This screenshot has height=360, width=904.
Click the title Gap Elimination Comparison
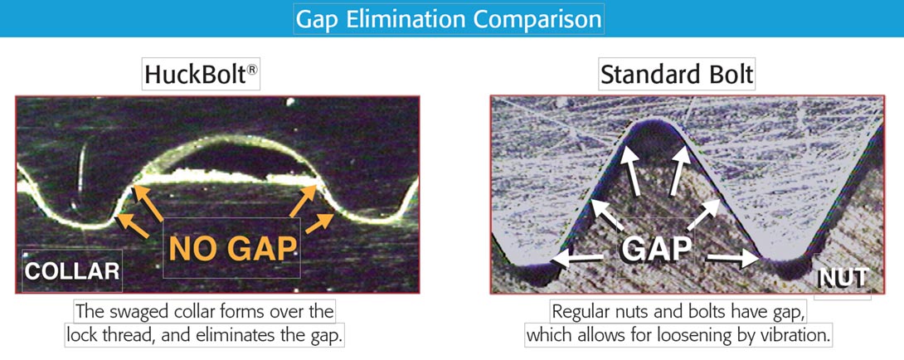(x=449, y=19)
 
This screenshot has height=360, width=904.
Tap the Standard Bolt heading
(x=677, y=75)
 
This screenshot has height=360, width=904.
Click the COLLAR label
(x=72, y=271)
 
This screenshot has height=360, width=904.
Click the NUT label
(x=843, y=279)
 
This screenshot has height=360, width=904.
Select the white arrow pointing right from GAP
(x=733, y=259)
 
